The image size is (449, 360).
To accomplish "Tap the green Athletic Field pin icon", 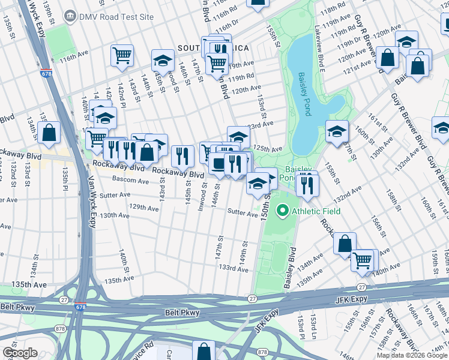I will point(283,211).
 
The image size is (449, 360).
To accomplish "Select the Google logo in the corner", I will point(20,353).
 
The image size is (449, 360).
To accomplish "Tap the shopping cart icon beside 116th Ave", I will point(122,55).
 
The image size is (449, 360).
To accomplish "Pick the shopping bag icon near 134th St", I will point(49,133).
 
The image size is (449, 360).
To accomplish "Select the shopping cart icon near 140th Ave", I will point(362,259).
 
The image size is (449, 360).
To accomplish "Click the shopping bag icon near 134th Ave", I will point(345,243).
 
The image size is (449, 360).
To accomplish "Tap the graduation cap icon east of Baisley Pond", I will point(337,130).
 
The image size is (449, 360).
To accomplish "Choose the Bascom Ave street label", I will point(131,181).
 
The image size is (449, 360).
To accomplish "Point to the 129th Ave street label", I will point(145,207).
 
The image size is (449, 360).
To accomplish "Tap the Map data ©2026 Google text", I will point(411,355).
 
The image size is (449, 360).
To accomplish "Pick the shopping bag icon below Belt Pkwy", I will point(204,350).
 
